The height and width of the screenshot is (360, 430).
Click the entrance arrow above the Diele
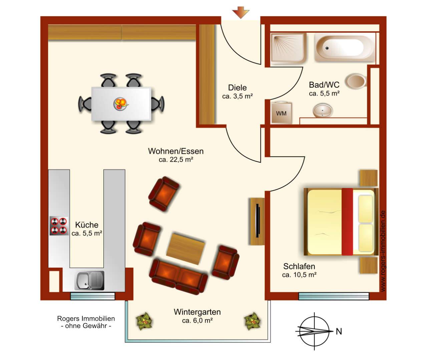[241, 13]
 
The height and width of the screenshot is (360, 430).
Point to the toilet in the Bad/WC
[356, 81]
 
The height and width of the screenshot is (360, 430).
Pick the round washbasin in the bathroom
[323, 111]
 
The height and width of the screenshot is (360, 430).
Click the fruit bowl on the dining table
[121, 104]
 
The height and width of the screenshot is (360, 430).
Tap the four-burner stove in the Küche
[59, 226]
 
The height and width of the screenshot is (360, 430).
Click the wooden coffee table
[185, 248]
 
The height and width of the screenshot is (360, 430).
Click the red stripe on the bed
[347, 222]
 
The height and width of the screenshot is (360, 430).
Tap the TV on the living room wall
[258, 221]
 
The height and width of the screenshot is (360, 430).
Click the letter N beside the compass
[339, 331]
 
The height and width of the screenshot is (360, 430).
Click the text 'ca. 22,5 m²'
[176, 160]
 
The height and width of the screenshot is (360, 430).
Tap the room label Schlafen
[299, 266]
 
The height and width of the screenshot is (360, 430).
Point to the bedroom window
[334, 296]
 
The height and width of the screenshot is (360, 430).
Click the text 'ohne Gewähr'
[86, 326]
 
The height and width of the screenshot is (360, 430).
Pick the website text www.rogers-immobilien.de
[383, 251]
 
